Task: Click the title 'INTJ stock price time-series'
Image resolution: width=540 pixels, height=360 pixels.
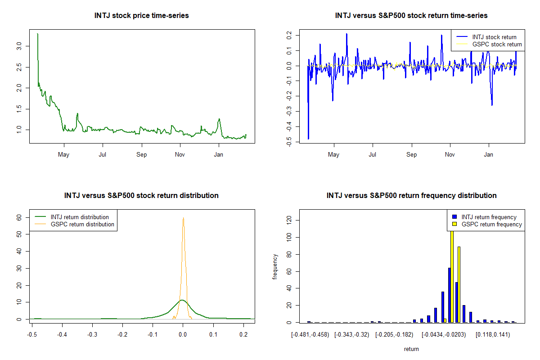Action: [x=141, y=15]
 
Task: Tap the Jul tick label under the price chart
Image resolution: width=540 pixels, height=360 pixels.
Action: [x=103, y=155]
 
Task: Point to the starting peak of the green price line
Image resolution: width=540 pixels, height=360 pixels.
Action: [x=37, y=34]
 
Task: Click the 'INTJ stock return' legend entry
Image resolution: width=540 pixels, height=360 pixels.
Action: [x=494, y=37]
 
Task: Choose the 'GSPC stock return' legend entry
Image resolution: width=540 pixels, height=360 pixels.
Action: [x=497, y=44]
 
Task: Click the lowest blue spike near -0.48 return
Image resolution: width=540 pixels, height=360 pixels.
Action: [x=308, y=139]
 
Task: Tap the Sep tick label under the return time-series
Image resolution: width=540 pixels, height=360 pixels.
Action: [x=411, y=155]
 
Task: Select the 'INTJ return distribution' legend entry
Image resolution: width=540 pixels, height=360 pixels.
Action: [x=80, y=217]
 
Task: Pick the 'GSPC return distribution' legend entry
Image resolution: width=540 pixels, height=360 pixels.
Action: [x=82, y=224]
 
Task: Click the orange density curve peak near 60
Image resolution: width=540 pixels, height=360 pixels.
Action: [x=183, y=218]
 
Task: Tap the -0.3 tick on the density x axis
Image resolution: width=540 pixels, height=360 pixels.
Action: [x=92, y=335]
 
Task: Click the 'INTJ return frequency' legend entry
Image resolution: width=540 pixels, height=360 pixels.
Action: [x=489, y=217]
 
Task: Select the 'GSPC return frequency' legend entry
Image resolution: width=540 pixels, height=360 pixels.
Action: [x=491, y=224]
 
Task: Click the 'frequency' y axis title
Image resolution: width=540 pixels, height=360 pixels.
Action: [x=275, y=266]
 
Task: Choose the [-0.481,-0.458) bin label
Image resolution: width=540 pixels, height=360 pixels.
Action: [x=310, y=335]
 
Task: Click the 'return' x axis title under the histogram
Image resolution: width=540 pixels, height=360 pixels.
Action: [x=411, y=349]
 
